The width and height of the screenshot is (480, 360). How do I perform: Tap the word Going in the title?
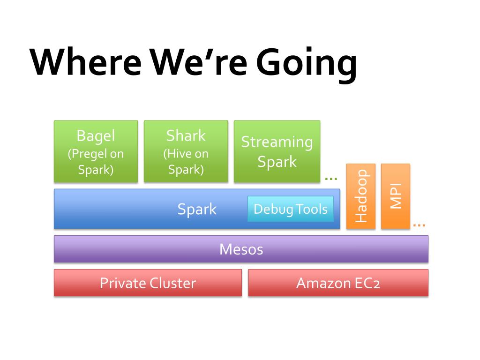coord(307,64)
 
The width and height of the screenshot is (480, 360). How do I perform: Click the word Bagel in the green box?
coord(96,135)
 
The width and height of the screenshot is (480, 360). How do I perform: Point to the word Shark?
coord(186,135)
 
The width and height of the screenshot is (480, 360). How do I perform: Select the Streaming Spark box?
coord(277,151)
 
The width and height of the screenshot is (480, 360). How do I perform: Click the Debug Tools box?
coord(291,209)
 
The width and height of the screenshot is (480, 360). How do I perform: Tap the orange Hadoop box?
coord(361,196)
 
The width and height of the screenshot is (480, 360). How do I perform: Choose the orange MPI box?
coord(396,196)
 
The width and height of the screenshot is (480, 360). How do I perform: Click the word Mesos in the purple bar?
coord(241,249)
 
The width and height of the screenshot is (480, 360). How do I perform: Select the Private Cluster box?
coord(148,283)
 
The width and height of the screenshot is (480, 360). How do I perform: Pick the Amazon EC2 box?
coord(338,283)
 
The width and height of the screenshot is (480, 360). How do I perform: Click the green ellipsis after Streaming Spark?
coord(331,179)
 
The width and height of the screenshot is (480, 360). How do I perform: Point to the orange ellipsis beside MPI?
coord(419,225)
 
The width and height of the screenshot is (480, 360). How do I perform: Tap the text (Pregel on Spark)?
coord(96,162)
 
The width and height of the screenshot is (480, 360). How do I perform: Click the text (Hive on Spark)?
coord(186,162)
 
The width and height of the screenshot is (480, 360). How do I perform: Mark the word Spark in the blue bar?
coord(197,210)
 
